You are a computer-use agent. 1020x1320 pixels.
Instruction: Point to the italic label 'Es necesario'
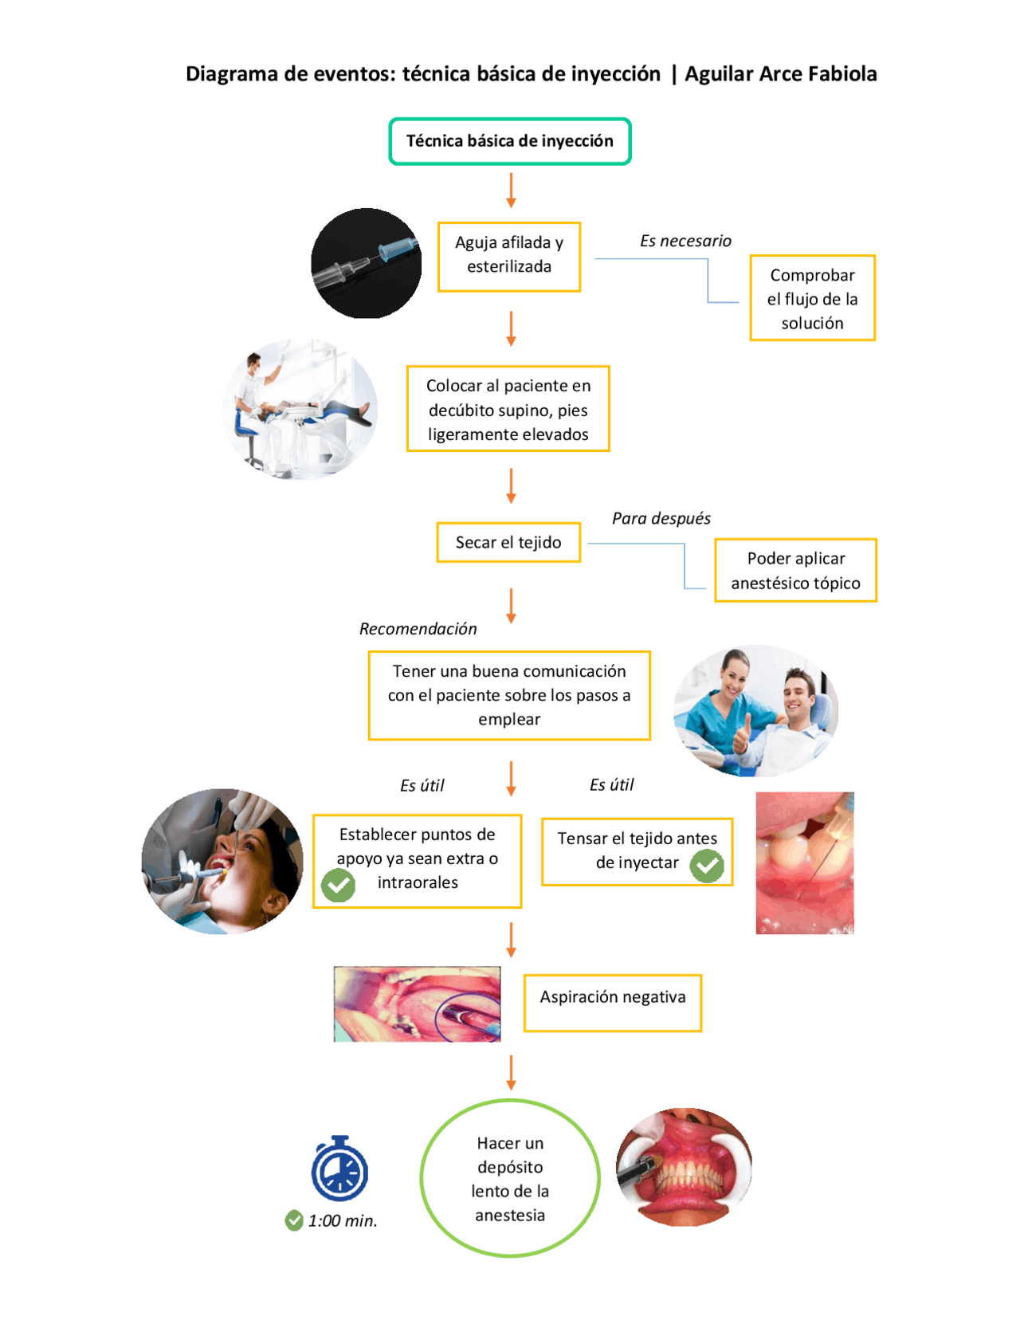(685, 242)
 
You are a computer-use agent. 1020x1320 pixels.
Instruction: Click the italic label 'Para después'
(661, 518)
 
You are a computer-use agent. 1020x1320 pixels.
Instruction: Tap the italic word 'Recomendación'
(418, 629)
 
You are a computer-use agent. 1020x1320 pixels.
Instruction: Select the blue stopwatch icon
(339, 1168)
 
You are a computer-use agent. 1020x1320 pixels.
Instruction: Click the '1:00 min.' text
(343, 1220)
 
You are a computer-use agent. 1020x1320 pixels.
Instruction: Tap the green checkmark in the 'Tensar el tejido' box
(707, 866)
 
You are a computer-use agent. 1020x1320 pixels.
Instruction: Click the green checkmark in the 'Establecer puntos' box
(338, 885)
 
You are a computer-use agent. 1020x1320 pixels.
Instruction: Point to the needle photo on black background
(366, 263)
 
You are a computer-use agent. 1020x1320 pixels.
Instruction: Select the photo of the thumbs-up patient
(756, 711)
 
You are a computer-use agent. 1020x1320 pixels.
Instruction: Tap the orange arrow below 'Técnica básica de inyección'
(512, 191)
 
